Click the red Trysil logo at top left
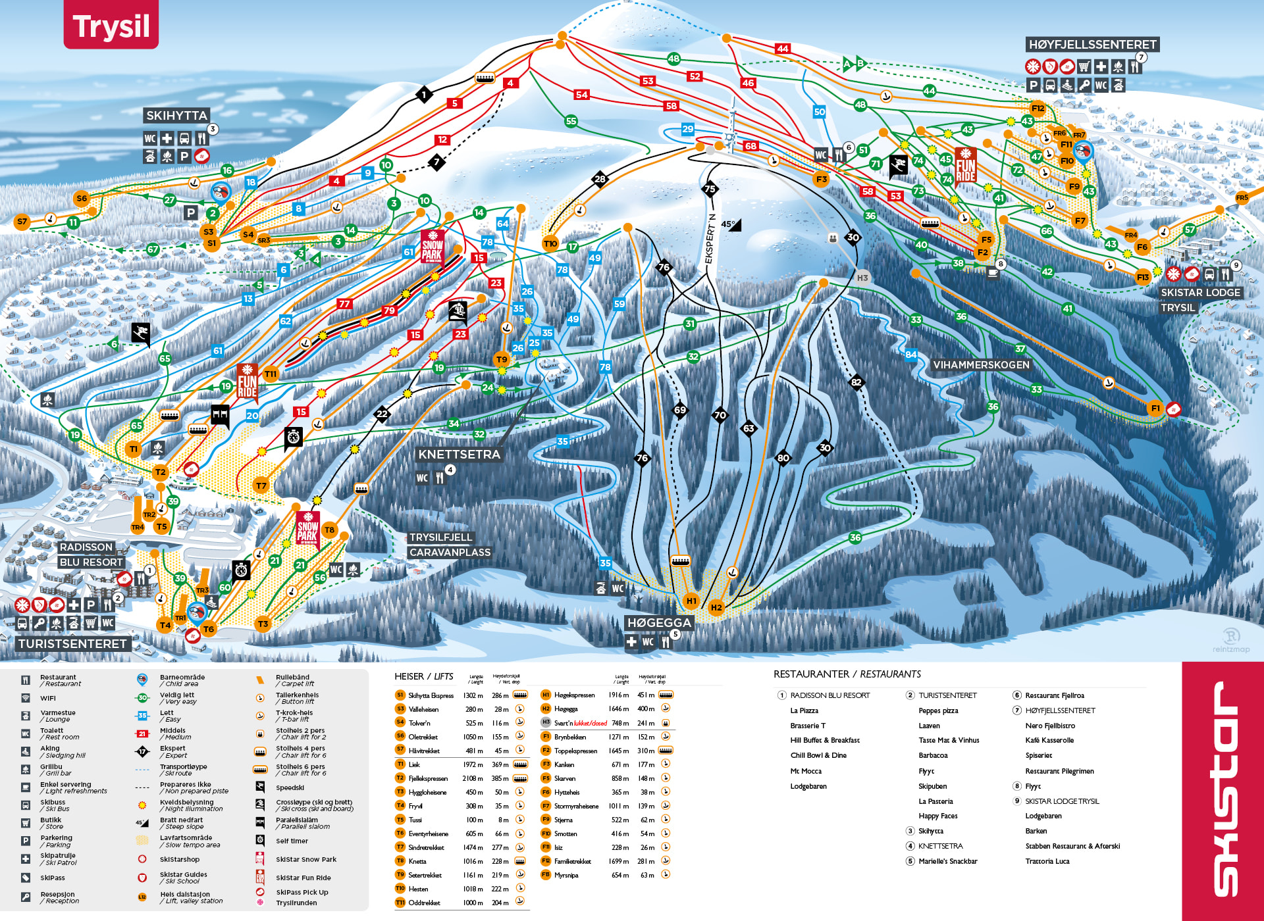pyautogui.click(x=111, y=25)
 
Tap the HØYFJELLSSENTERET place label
pyautogui.click(x=1092, y=45)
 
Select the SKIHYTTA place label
pyautogui.click(x=176, y=116)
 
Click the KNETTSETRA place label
pyautogui.click(x=459, y=454)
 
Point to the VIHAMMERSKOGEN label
pyautogui.click(x=981, y=364)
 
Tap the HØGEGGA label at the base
pyautogui.click(x=659, y=622)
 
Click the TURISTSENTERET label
pyautogui.click(x=72, y=643)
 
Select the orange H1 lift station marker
pyautogui.click(x=691, y=600)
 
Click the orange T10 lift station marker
pyautogui.click(x=550, y=243)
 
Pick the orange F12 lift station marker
pyautogui.click(x=1038, y=109)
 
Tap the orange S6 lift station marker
pyautogui.click(x=82, y=198)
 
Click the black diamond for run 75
pyautogui.click(x=709, y=189)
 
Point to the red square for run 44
pyautogui.click(x=782, y=49)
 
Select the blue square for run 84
pyautogui.click(x=910, y=355)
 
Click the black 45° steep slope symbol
pyautogui.click(x=731, y=224)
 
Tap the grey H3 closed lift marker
pyautogui.click(x=862, y=278)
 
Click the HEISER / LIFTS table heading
pyautogui.click(x=423, y=676)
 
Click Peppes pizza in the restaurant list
pyautogui.click(x=938, y=710)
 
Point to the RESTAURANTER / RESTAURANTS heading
pyautogui.click(x=847, y=674)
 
